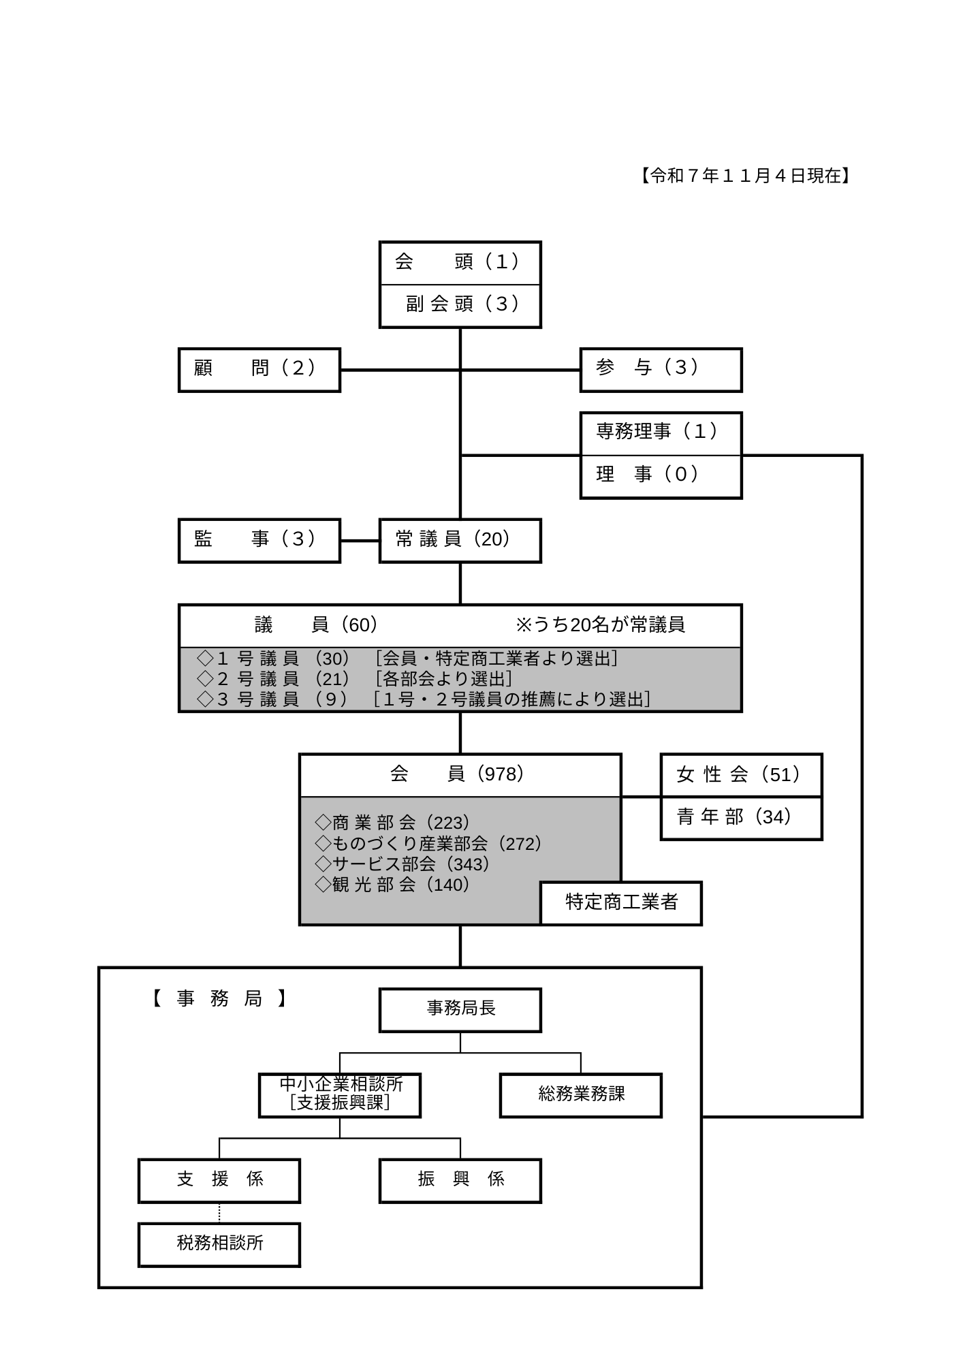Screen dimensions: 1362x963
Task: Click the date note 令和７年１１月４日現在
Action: [745, 176]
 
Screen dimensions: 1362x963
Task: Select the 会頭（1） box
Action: [460, 262]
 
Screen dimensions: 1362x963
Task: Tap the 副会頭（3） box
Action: [460, 304]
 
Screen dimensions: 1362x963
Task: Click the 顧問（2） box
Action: [259, 370]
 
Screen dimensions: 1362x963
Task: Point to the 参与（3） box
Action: [660, 370]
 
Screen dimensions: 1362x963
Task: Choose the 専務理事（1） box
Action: [660, 433]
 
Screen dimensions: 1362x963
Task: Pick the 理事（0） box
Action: [660, 476]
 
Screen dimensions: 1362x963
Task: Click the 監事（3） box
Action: [259, 541]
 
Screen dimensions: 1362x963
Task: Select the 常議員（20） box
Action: [460, 541]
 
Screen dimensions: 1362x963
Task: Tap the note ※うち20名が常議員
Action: [600, 625]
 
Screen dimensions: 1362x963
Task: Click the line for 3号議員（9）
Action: [422, 699]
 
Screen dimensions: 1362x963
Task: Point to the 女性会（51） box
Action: [741, 775]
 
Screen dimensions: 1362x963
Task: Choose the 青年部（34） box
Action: [741, 817]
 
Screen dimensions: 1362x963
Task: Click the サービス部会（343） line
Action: [402, 864]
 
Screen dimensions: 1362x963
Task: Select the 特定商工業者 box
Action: [621, 903]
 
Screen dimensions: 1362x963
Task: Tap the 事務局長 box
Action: [460, 1009]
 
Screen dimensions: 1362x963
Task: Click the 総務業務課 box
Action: [580, 1095]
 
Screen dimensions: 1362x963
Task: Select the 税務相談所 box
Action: [219, 1244]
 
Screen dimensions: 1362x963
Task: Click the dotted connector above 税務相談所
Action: [219, 1212]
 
